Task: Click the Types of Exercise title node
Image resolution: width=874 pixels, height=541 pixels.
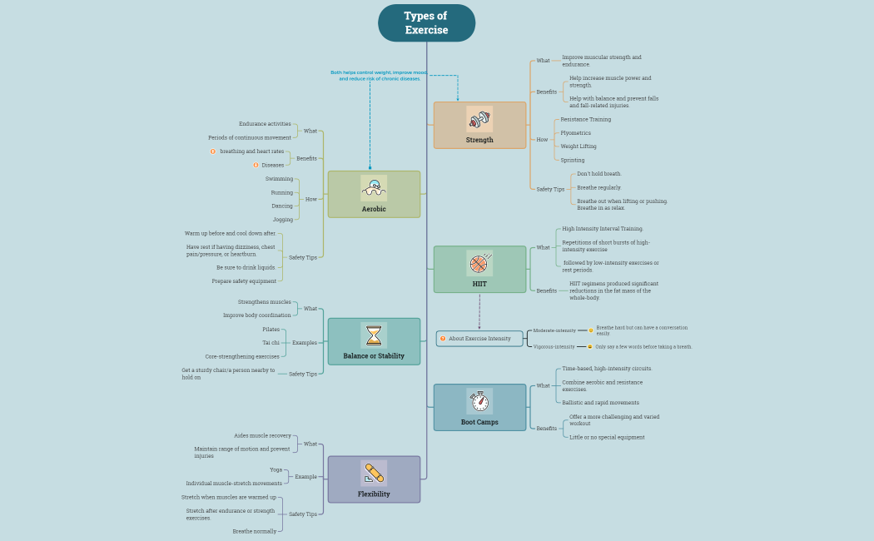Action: click(x=426, y=22)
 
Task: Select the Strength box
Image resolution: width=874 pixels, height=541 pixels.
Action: click(x=479, y=126)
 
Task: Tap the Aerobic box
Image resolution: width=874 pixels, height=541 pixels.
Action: click(x=374, y=195)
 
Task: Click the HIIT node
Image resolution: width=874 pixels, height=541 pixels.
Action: click(x=479, y=270)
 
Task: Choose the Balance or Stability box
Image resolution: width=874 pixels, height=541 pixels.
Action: click(x=374, y=342)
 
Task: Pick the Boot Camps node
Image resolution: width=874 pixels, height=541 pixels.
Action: click(x=479, y=408)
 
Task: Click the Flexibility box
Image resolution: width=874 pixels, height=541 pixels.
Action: click(x=374, y=479)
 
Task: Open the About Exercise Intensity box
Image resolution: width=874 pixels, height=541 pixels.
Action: click(x=479, y=339)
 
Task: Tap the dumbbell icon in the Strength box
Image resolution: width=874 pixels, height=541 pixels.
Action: click(x=479, y=118)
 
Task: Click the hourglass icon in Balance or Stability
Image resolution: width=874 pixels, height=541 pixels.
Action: click(x=374, y=335)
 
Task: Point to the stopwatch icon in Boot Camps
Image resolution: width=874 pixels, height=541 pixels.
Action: click(x=479, y=400)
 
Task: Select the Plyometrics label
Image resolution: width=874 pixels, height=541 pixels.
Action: click(x=575, y=133)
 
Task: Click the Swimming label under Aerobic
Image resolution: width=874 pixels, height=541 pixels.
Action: click(x=279, y=179)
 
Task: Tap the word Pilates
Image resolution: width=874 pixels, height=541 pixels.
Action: click(x=271, y=330)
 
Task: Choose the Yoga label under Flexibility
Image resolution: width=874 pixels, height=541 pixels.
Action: click(x=276, y=469)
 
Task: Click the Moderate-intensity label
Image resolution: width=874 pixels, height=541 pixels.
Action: click(x=554, y=330)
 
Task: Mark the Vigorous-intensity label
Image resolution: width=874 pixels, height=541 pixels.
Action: click(x=554, y=347)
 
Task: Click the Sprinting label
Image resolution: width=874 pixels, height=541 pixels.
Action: click(x=573, y=160)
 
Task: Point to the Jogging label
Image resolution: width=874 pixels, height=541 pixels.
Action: click(x=283, y=220)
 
